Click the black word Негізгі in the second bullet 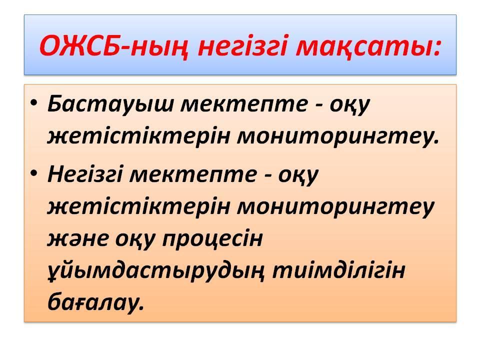point(85,175)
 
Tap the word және point(78,239)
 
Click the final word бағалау point(95,303)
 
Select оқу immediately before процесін point(135,241)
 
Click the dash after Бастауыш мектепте point(319,105)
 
